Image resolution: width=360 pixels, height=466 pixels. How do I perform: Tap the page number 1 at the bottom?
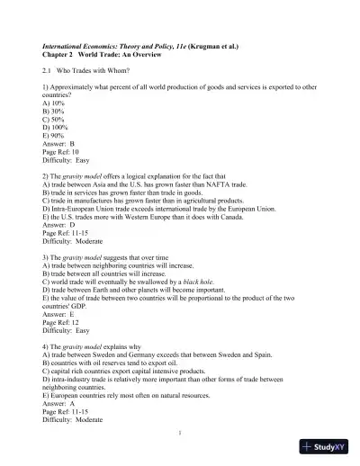point(180,432)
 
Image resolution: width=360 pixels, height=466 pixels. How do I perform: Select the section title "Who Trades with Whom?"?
point(94,69)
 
